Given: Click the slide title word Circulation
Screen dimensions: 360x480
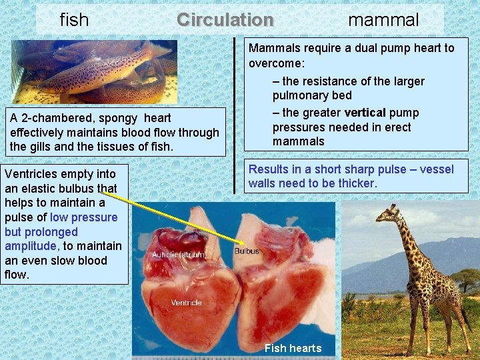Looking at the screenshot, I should click(x=225, y=19).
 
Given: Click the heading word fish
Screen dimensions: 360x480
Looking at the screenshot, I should click(x=74, y=20).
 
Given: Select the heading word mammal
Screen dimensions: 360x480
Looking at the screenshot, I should click(x=383, y=20).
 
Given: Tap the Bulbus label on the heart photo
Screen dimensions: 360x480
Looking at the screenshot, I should click(x=247, y=251).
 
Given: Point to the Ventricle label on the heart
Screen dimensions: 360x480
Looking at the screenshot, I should click(x=186, y=303).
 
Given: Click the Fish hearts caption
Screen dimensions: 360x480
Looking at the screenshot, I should click(x=293, y=348).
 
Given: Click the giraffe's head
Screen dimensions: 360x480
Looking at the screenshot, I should click(x=387, y=214).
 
